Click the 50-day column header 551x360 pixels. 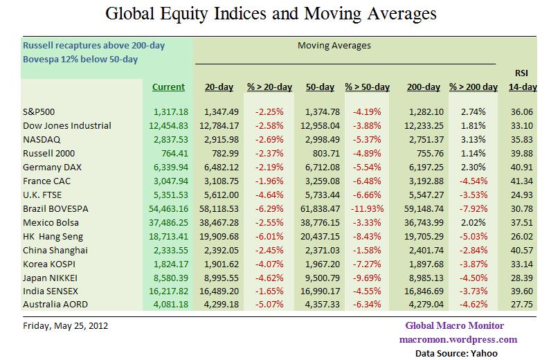pyautogui.click(x=319, y=87)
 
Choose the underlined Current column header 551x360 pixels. pyautogui.click(x=168, y=87)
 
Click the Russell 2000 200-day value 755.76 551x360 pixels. pyautogui.click(x=425, y=152)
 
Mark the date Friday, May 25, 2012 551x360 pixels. pyautogui.click(x=65, y=325)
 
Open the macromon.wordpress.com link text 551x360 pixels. pyautogui.click(x=458, y=339)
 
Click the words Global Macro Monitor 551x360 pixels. pyautogui.click(x=454, y=326)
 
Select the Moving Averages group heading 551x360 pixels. pyautogui.click(x=334, y=46)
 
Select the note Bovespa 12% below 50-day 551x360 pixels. pyautogui.click(x=81, y=59)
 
